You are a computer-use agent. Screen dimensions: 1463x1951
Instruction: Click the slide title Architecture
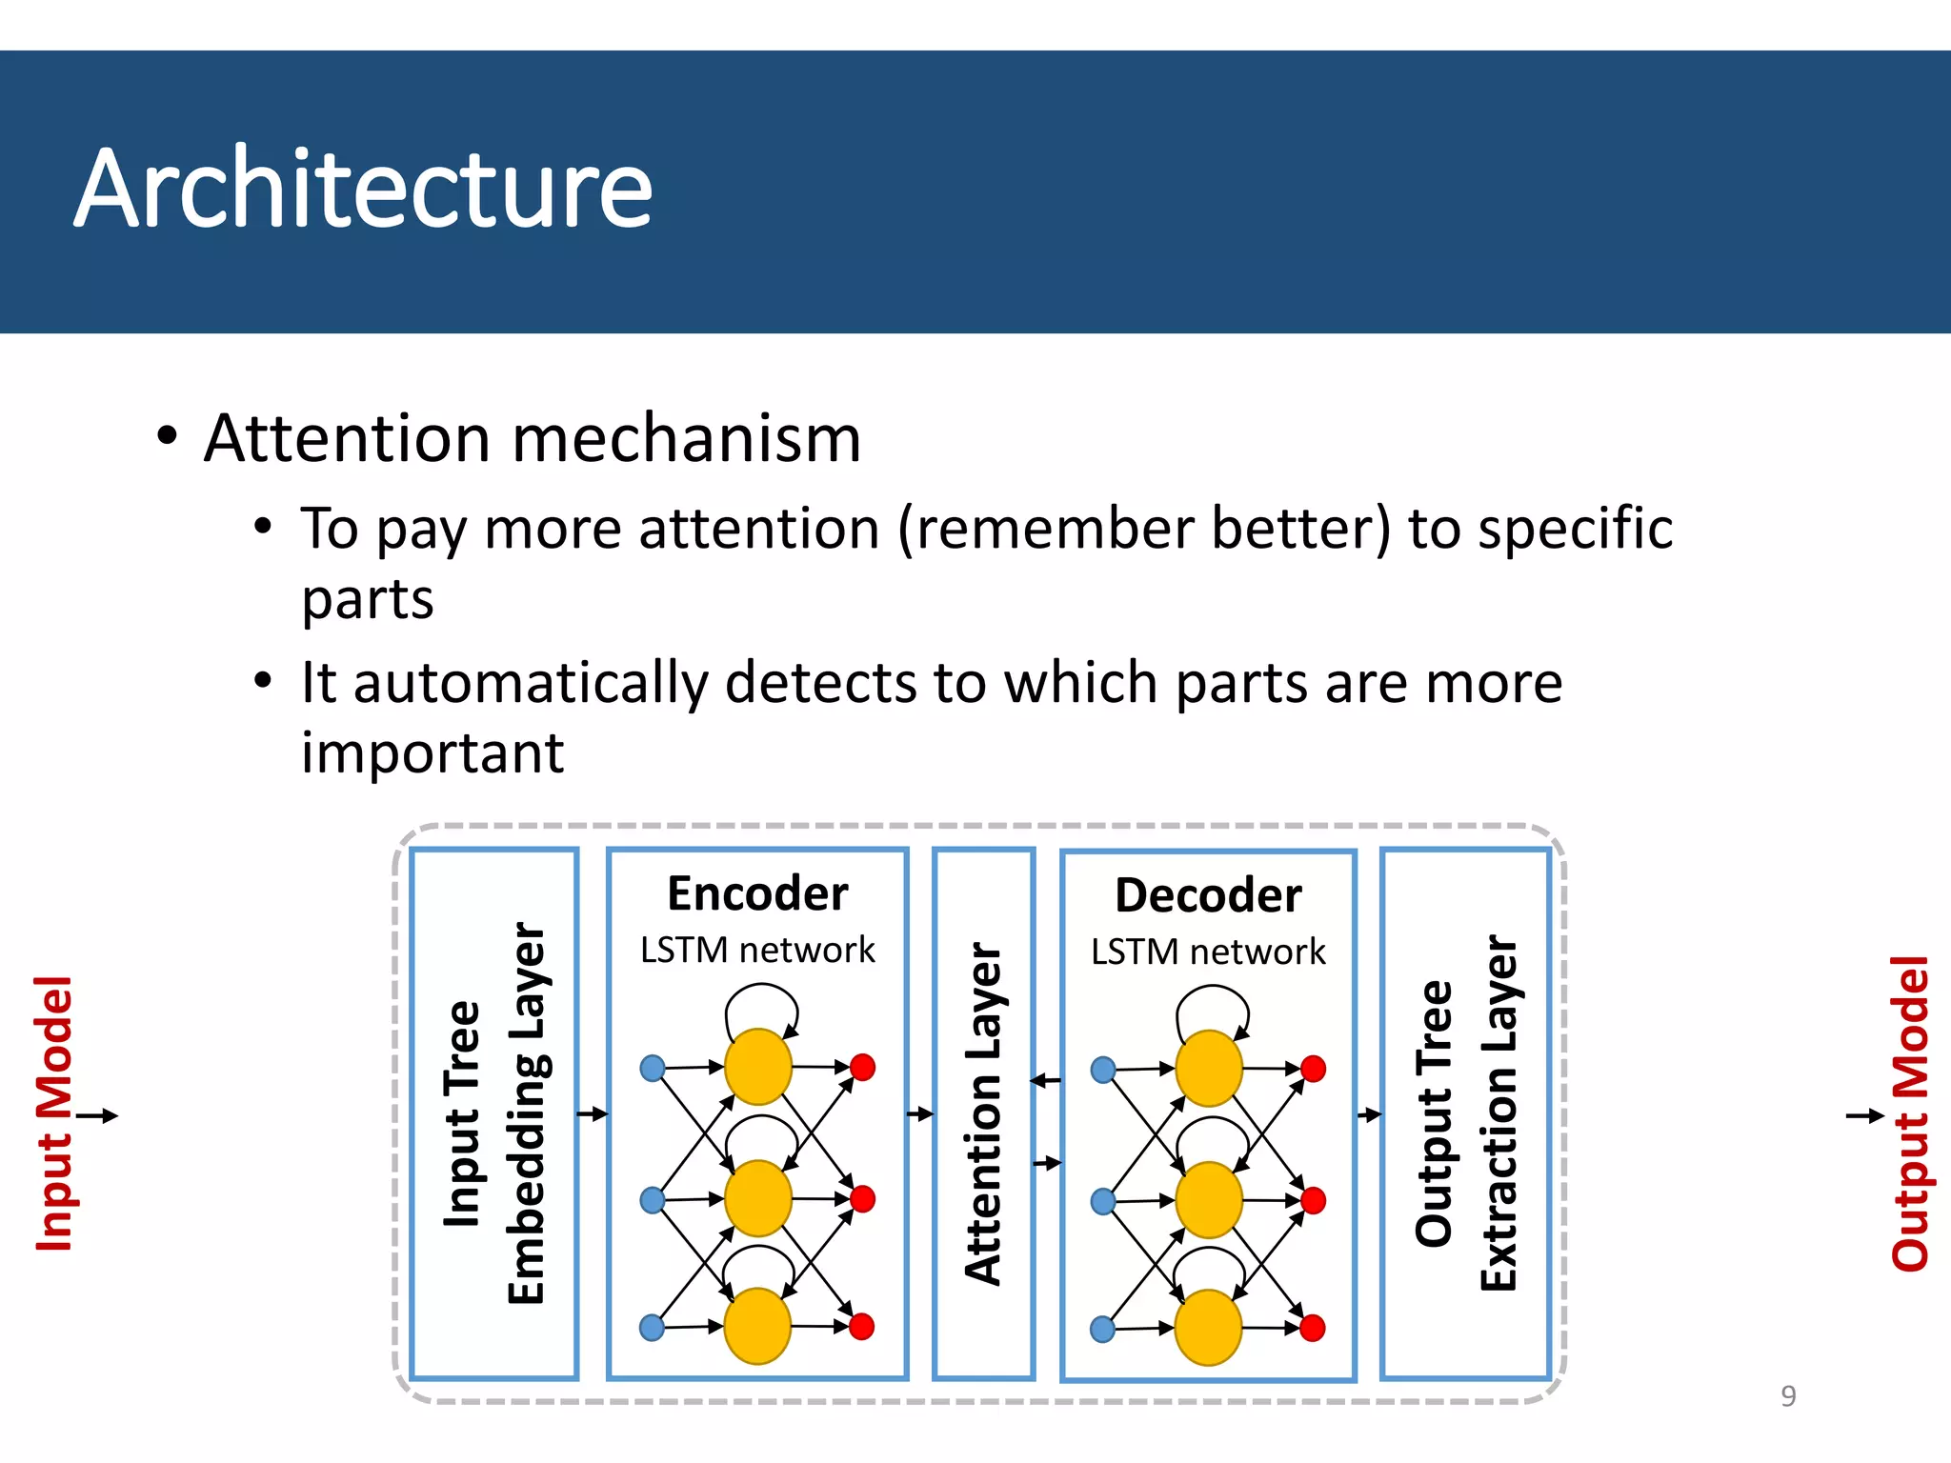[x=363, y=188]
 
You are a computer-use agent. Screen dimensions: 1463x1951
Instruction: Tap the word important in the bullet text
[x=432, y=752]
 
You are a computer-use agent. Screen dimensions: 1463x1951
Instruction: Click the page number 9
[x=1788, y=1395]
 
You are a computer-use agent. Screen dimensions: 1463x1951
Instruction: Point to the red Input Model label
[x=54, y=1112]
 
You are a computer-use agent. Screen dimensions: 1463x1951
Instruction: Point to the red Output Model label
[x=1909, y=1112]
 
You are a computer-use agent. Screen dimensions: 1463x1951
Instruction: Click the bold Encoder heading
[x=757, y=893]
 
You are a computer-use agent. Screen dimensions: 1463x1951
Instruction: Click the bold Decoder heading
[x=1208, y=895]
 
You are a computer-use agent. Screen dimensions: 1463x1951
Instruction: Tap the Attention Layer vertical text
[x=984, y=1112]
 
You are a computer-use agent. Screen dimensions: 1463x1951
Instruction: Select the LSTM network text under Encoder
[x=757, y=950]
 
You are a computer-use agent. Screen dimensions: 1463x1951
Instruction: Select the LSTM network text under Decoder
[x=1208, y=952]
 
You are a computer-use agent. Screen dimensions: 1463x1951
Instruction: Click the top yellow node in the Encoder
[x=757, y=1067]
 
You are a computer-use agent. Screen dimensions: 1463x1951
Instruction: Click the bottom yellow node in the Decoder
[x=1208, y=1328]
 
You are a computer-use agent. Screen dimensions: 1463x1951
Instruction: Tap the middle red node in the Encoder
[x=862, y=1198]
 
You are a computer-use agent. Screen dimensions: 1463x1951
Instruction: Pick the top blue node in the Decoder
[x=1103, y=1070]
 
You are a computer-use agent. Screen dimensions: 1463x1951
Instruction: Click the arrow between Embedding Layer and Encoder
[x=593, y=1113]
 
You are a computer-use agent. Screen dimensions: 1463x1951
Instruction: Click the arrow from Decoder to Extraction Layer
[x=1368, y=1114]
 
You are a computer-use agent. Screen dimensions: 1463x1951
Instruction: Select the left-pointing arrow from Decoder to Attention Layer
[x=1046, y=1080]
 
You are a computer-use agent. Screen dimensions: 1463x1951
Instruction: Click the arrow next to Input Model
[x=97, y=1115]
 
